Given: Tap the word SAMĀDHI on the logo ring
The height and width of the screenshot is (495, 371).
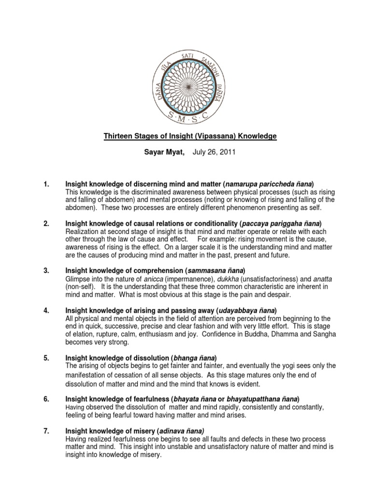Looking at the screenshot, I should (x=210, y=67).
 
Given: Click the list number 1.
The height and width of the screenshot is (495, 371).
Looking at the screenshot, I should (x=46, y=184).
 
